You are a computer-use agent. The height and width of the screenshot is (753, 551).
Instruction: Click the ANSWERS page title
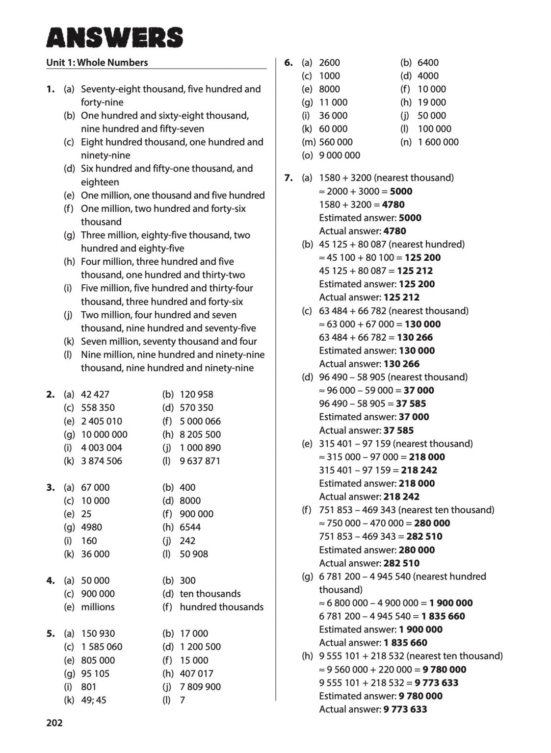[x=114, y=38]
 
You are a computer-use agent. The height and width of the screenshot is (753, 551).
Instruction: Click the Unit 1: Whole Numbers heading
[x=97, y=62]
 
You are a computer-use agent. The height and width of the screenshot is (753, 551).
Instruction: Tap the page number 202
[x=54, y=723]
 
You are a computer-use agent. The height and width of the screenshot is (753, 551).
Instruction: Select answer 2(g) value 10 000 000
[x=104, y=434]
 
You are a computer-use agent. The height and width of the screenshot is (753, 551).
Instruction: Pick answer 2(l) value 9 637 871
[x=200, y=461]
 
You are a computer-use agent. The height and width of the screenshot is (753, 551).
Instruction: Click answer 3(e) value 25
[x=86, y=514]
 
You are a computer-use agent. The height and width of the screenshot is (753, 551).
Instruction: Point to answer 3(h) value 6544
[x=190, y=527]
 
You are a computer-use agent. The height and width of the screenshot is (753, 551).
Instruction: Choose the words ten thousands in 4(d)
[x=210, y=594]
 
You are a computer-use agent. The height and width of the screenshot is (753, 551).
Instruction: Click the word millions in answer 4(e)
[x=98, y=607]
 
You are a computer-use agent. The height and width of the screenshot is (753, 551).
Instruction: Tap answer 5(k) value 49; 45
[x=93, y=700]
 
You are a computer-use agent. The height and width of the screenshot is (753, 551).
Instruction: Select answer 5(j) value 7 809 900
[x=200, y=687]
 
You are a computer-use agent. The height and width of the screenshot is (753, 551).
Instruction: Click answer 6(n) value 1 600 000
[x=438, y=142]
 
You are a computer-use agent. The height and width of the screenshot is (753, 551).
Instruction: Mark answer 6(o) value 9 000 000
[x=339, y=155]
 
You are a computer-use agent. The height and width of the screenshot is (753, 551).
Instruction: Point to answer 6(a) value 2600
[x=329, y=63]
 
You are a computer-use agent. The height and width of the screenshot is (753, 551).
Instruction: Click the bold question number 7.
[x=289, y=178]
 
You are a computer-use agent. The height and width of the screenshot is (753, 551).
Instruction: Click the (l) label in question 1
[x=68, y=354]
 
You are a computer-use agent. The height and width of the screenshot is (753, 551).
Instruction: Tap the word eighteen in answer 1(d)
[x=100, y=182]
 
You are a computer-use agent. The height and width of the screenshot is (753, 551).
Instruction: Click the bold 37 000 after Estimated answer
[x=414, y=417]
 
